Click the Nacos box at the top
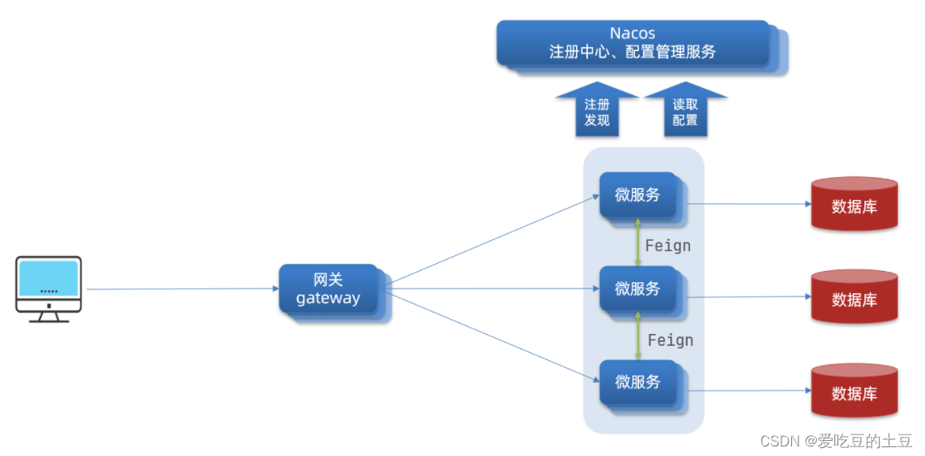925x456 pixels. point(633,43)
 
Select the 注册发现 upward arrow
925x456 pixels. point(597,112)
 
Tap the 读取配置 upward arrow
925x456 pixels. point(685,112)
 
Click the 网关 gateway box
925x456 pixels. point(328,289)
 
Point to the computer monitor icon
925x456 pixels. point(49,288)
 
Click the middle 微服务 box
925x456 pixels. point(637,289)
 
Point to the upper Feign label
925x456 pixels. point(668,246)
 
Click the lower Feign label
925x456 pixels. point(670,340)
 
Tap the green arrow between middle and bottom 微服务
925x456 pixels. point(637,336)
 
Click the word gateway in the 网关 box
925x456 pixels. point(328,299)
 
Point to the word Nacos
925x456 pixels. point(633,33)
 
